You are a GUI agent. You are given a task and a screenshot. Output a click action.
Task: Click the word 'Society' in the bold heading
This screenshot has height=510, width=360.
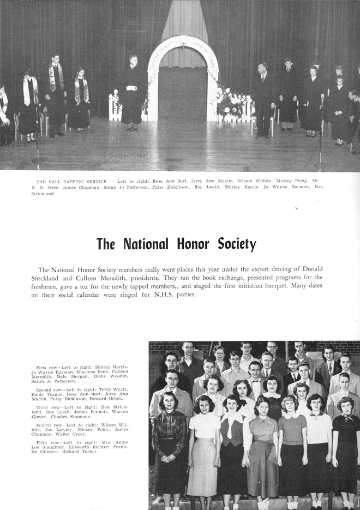pos(237,244)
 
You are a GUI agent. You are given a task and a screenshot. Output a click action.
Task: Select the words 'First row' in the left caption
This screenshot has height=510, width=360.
pos(47,368)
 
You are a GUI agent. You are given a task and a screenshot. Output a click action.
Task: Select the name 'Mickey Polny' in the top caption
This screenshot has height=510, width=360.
pos(298,181)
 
